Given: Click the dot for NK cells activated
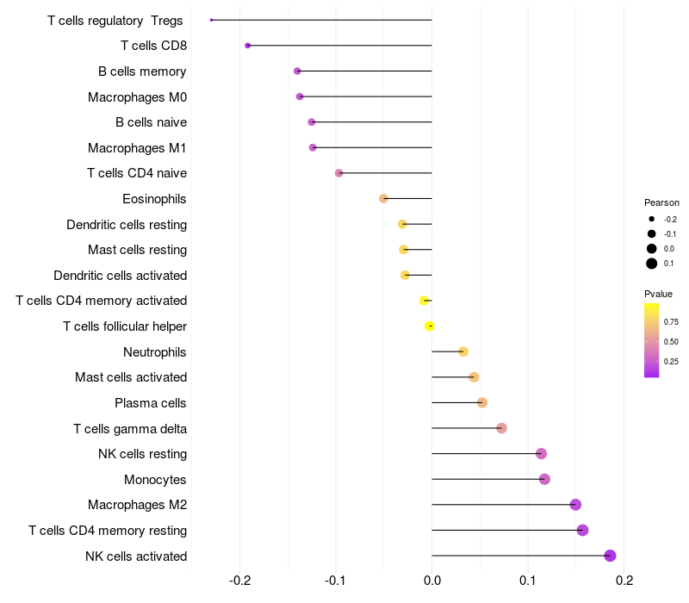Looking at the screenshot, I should [611, 556].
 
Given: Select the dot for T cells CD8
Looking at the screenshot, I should [248, 46].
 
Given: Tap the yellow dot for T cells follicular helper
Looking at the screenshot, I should [430, 326].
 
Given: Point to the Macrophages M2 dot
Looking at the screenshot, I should [575, 505].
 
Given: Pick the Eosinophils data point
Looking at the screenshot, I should [384, 199].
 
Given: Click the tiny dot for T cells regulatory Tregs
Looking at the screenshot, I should [212, 20].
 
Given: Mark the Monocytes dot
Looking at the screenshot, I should [544, 479].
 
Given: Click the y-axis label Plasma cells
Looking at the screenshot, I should [151, 403].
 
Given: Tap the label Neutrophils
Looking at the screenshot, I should [155, 352].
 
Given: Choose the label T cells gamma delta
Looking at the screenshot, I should [130, 428].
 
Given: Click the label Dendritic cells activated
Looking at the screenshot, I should [121, 276].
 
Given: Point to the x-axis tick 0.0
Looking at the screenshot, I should [431, 581].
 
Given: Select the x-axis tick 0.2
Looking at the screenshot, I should [624, 581].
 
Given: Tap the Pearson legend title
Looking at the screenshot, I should [661, 202].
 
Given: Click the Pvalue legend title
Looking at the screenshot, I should [659, 294].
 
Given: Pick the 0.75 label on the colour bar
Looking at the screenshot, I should [672, 321].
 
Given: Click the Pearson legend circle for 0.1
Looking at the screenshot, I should [652, 264].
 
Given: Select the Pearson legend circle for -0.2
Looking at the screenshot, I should [652, 219].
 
